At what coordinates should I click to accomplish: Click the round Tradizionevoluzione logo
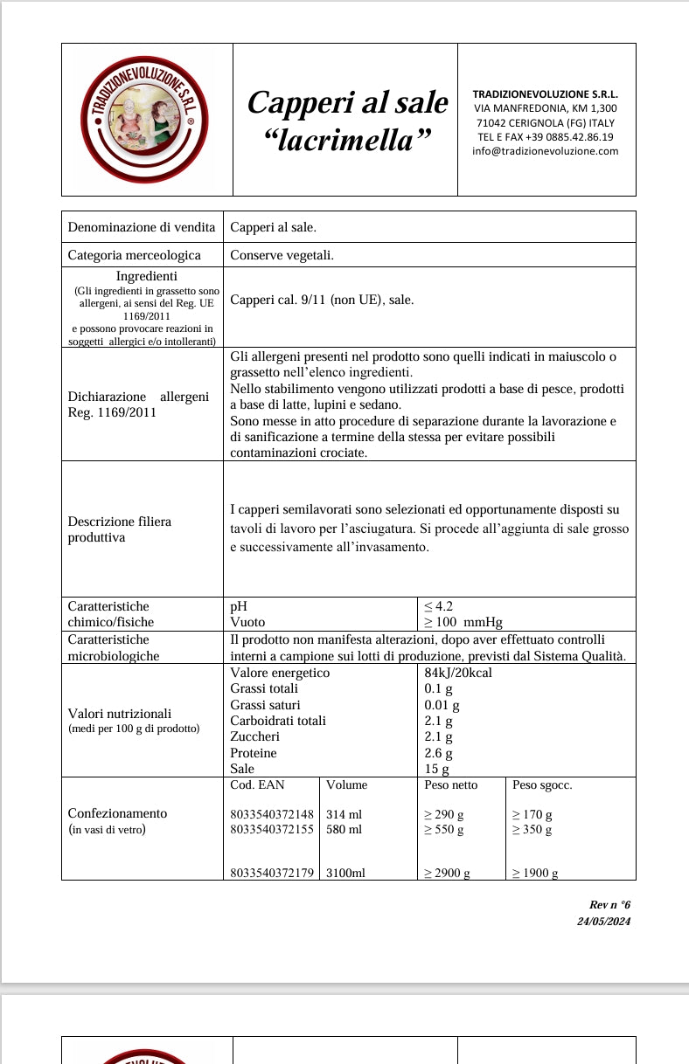click(144, 120)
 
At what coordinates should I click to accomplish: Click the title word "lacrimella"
click(348, 140)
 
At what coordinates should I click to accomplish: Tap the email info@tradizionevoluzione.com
click(545, 150)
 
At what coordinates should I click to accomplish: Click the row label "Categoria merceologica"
click(134, 255)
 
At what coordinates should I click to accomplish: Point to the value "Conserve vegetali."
click(282, 255)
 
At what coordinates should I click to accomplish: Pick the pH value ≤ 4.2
click(438, 606)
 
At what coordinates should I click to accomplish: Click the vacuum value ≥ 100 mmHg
click(463, 622)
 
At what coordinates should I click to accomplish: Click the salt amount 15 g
click(436, 769)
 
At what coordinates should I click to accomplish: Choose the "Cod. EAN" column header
click(257, 784)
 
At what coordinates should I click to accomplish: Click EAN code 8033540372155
click(271, 829)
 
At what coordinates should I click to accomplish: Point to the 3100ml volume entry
click(345, 873)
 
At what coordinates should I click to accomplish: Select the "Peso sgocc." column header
click(542, 784)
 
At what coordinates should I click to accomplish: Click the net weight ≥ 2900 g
click(447, 873)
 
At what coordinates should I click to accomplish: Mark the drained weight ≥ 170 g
click(532, 814)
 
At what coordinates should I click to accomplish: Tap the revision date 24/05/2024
click(603, 921)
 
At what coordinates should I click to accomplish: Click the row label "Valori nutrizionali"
click(120, 713)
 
